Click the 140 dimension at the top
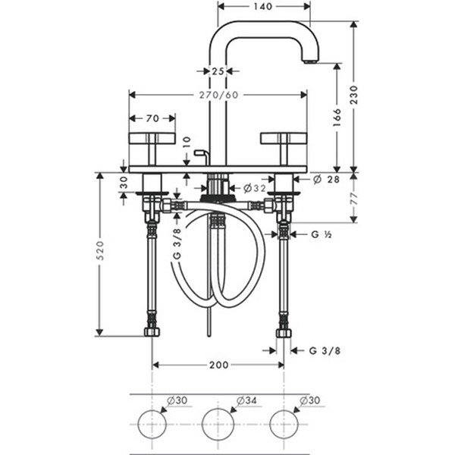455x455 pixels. tap(263, 6)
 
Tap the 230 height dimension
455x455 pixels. tap(353, 95)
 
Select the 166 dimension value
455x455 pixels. tap(337, 118)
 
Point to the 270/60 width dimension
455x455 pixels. tap(218, 95)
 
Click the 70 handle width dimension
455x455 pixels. tap(152, 118)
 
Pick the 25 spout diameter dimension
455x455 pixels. tap(218, 71)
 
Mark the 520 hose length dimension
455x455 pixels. tap(99, 250)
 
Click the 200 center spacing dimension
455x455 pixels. tap(219, 365)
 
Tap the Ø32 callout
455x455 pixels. tap(255, 188)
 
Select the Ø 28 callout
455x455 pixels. tap(326, 179)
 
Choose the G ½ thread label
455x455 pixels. tap(322, 234)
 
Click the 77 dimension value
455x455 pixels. tap(353, 198)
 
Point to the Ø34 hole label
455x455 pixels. tap(246, 400)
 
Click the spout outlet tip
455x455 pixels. tap(310, 62)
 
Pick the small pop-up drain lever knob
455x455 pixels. tap(199, 152)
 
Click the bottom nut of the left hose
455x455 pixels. tap(152, 332)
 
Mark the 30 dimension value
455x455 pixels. tap(124, 183)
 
